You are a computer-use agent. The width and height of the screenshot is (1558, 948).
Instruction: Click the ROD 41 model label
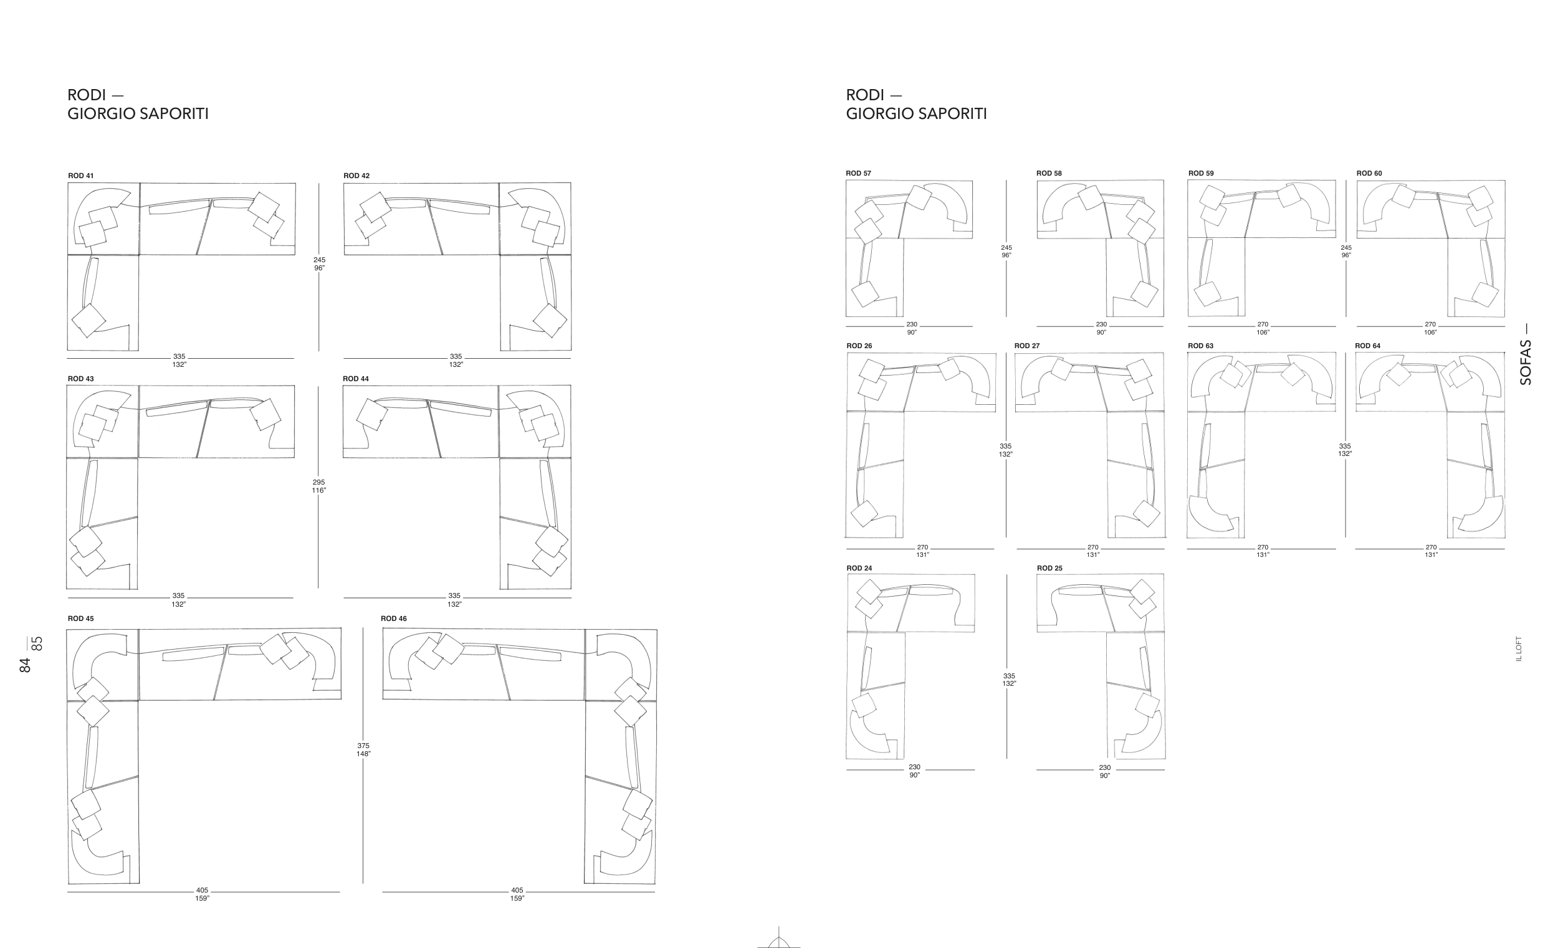coord(81,176)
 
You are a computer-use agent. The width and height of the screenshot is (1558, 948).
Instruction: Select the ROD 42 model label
coord(356,176)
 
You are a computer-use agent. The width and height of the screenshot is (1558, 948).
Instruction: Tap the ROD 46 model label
coord(394,619)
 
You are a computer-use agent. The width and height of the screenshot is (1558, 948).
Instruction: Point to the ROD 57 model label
coord(859,173)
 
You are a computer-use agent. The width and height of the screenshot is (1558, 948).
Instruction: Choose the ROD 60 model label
coord(1369,173)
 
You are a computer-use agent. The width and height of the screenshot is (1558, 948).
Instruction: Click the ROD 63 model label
coord(1201,346)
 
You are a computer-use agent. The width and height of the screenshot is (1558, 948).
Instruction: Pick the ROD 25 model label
coord(1049,568)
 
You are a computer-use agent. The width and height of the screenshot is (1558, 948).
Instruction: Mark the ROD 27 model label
coord(1027,346)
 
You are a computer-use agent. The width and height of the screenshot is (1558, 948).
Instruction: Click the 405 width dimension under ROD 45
coord(203,891)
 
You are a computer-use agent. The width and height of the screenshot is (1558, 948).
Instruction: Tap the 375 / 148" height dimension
coord(363,749)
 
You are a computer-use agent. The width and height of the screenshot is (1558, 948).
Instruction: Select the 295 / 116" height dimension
coord(318,486)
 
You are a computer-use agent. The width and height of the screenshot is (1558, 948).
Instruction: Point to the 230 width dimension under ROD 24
coord(914,767)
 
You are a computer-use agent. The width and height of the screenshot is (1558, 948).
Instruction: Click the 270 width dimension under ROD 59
coord(1263,325)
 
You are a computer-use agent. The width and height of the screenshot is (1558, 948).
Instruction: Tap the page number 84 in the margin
coord(26,665)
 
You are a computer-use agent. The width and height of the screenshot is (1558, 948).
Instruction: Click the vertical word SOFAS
coord(1525,363)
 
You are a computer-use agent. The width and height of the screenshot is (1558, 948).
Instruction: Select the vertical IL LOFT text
coord(1519,648)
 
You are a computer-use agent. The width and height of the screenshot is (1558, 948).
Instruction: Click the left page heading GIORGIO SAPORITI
coord(138,114)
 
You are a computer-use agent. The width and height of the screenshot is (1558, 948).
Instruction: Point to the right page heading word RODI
coord(865,95)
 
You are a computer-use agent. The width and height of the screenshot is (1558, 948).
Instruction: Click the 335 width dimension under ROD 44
coord(455,595)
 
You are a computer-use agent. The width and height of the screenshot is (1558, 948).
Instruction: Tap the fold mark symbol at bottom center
coord(779,939)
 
